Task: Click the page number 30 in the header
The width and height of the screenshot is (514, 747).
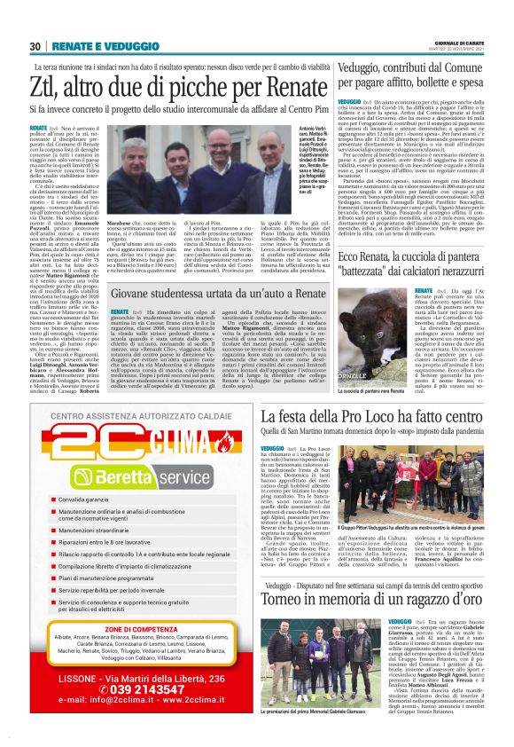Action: coord(36,47)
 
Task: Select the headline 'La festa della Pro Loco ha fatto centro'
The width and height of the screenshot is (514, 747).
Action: coord(370,416)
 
